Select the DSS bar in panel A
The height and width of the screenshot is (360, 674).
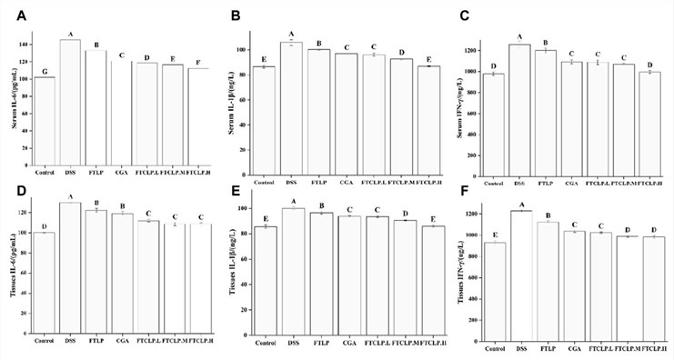click(x=69, y=99)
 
